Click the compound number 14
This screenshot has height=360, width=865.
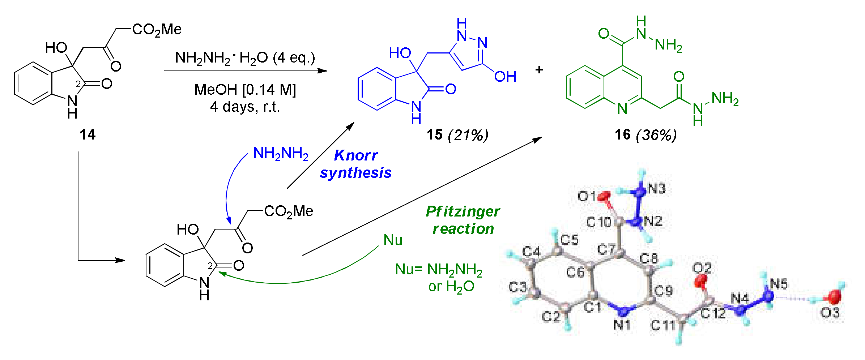[88, 134]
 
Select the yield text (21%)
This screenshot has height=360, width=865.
[468, 135]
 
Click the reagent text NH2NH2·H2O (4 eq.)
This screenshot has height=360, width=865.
[245, 58]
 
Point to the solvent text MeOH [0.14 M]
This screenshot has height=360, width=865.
[245, 90]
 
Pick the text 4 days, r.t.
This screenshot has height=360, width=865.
[245, 107]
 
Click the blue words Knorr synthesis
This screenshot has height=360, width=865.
[356, 164]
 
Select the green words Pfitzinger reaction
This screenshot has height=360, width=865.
[463, 220]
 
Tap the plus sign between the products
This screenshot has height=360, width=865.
[539, 69]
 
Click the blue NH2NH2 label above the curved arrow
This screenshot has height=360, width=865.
[281, 154]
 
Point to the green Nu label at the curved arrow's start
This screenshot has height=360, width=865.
[393, 240]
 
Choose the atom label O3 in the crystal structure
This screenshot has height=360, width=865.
[830, 312]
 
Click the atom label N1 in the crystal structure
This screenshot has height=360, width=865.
[622, 325]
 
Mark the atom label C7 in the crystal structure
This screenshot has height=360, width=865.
[606, 249]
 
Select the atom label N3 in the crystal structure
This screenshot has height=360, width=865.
[657, 189]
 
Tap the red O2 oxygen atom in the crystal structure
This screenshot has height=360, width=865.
[701, 280]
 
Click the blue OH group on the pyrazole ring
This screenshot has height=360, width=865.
[505, 77]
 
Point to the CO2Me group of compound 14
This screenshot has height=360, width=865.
[157, 30]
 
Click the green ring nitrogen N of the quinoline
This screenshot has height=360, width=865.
[622, 109]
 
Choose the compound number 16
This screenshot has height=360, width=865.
[622, 135]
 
